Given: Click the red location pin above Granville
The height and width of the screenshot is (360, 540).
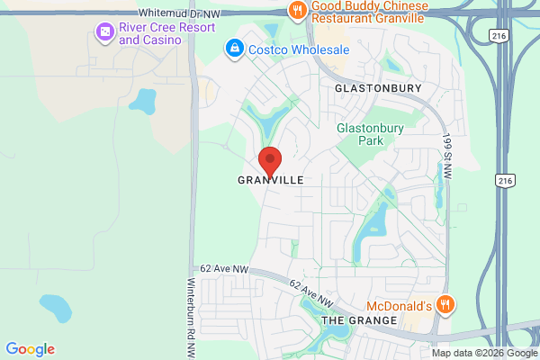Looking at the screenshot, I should coord(270,160).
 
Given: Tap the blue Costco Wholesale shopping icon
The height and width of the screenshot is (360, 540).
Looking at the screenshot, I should coord(234,46).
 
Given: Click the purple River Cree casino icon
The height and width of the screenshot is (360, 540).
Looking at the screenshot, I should coord(105,32).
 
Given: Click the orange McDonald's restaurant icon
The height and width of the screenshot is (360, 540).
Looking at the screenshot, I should coord(444,304).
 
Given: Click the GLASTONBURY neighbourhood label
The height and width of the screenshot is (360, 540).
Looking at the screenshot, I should coord(378,88).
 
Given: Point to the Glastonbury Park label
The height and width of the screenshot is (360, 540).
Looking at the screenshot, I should coord(372,134).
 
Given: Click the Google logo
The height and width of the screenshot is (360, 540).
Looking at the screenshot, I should coord(30,349).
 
